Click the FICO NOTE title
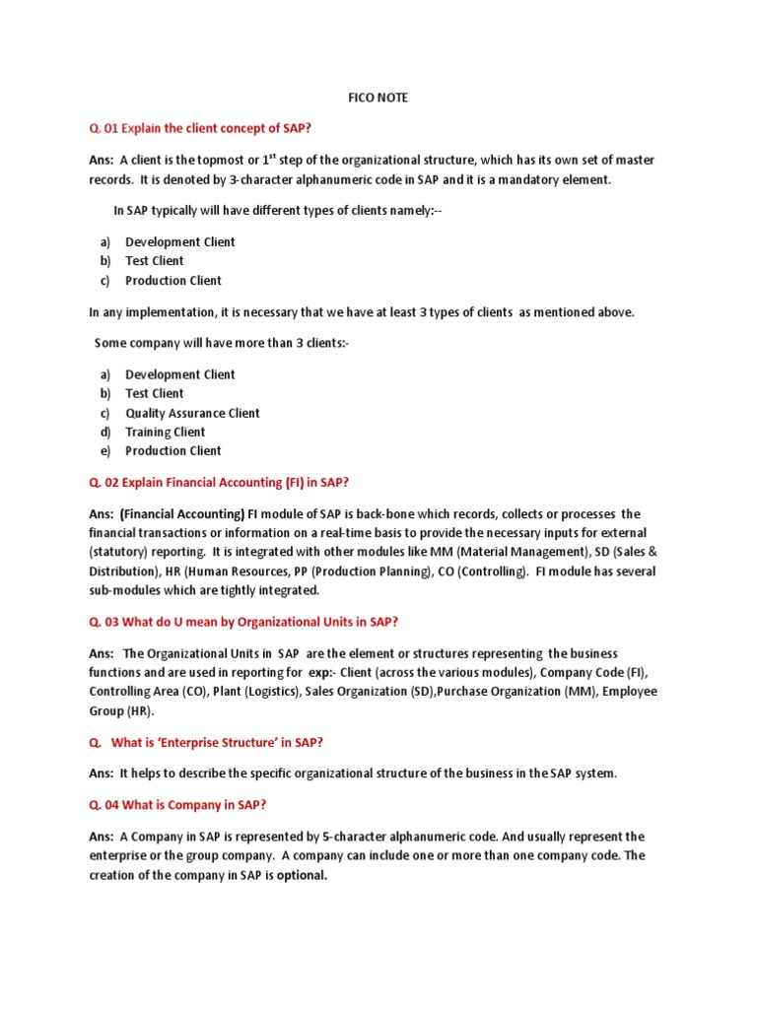(378, 98)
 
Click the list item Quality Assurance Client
(192, 413)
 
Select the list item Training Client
(165, 432)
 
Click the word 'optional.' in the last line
(302, 875)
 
